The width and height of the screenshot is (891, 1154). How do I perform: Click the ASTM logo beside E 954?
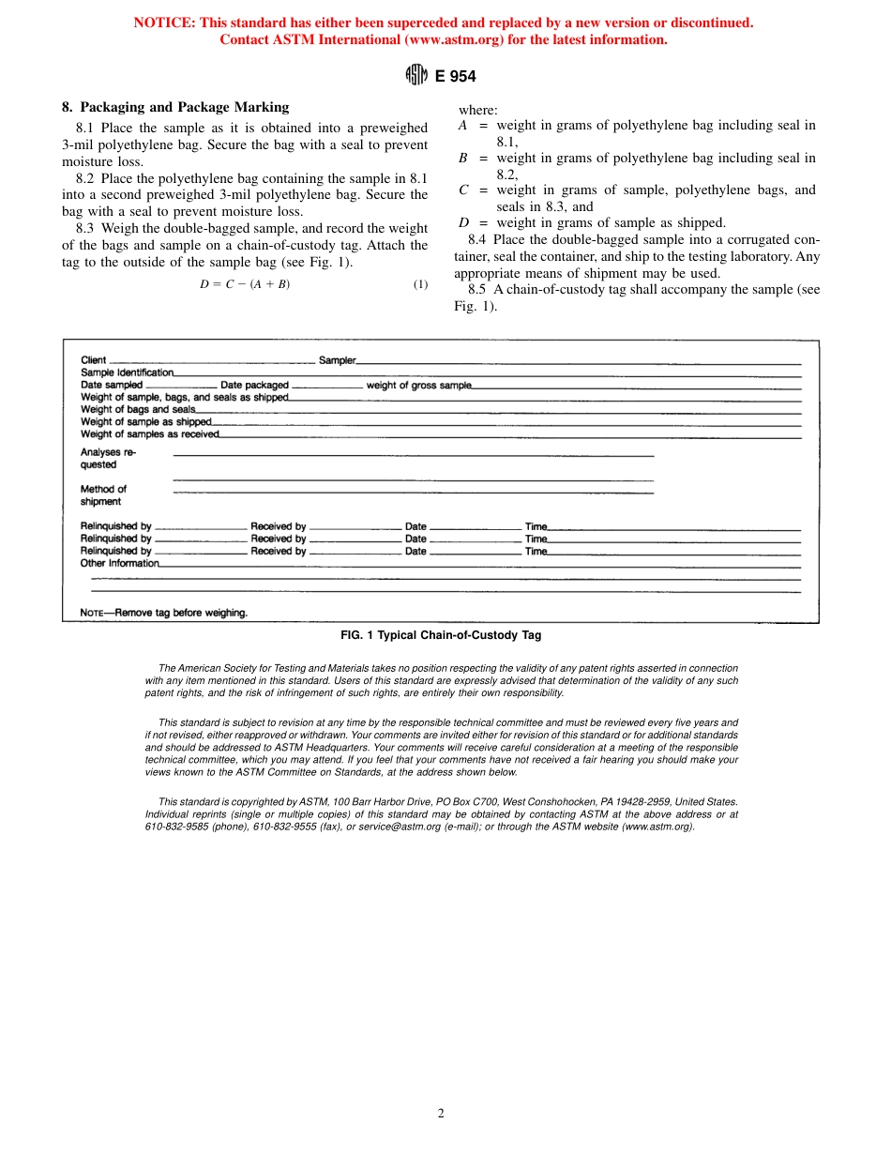point(416,76)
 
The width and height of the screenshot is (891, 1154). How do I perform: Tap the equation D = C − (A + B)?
point(245,285)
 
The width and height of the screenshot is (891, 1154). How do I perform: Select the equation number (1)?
point(420,285)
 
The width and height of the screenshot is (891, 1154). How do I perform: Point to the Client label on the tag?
point(94,360)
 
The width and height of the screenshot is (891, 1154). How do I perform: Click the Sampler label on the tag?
point(337,360)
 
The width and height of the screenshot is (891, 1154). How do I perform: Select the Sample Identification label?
point(127,372)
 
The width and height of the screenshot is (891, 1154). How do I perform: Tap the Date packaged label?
point(254,385)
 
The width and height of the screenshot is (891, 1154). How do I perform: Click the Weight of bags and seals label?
point(138,409)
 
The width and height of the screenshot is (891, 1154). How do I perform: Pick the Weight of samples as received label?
point(149,433)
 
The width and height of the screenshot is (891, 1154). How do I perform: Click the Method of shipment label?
point(103,495)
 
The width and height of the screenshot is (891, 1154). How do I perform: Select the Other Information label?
point(120,564)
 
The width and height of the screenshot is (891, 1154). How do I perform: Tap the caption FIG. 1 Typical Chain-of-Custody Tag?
point(440,635)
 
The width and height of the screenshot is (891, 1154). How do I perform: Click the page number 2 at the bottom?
point(441,1114)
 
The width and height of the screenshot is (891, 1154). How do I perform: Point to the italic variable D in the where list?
point(462,222)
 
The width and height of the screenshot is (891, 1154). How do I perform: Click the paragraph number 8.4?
point(476,239)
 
